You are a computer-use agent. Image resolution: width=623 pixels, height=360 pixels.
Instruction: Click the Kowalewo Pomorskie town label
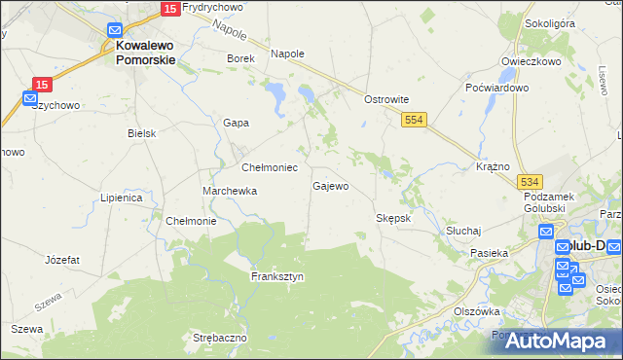(145, 52)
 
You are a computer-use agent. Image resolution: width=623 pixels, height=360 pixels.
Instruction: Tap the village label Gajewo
(330, 186)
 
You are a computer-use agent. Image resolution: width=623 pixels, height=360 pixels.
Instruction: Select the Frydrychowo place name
(212, 8)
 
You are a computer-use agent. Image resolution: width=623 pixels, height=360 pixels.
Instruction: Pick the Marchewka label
(230, 191)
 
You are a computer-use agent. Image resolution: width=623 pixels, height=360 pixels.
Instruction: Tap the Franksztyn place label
(277, 276)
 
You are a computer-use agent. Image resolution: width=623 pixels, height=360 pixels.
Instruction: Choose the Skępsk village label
(394, 218)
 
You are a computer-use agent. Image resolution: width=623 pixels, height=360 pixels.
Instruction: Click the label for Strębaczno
(220, 337)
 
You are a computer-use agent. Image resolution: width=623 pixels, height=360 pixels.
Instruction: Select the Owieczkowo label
(531, 61)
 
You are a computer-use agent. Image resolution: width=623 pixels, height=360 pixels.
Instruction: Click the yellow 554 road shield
(415, 118)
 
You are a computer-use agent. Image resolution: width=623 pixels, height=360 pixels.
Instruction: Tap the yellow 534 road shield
(529, 182)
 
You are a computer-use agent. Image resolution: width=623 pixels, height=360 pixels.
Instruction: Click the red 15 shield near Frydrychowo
(169, 9)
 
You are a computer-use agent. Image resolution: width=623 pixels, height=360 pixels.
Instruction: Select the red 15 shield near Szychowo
(41, 85)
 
